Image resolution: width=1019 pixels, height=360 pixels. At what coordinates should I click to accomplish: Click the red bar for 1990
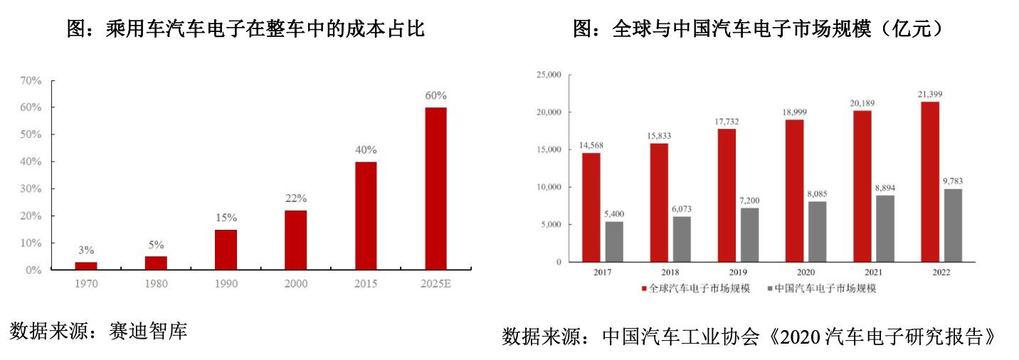(x=226, y=250)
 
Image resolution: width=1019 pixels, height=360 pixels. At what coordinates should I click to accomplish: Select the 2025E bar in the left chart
(x=435, y=189)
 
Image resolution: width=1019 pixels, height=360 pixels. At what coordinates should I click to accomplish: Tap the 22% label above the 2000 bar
(x=296, y=198)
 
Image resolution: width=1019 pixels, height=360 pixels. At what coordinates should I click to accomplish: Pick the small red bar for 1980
(x=156, y=263)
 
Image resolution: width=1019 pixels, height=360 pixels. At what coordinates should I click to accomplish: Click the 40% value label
(x=366, y=150)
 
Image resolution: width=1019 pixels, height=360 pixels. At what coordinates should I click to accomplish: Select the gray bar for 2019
(x=749, y=235)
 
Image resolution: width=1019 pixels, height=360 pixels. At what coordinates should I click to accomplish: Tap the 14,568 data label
(x=591, y=146)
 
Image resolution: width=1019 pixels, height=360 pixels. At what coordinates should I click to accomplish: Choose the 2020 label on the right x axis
(x=806, y=272)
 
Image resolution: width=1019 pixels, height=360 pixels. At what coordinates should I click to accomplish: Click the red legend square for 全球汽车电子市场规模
(x=644, y=289)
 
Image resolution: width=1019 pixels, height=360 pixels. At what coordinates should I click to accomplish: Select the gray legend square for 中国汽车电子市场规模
(x=768, y=289)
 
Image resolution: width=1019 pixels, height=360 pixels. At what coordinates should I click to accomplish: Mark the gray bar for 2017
(x=613, y=242)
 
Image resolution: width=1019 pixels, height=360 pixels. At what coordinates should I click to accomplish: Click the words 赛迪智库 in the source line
(x=149, y=330)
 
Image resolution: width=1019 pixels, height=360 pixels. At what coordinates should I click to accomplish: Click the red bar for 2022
(x=929, y=182)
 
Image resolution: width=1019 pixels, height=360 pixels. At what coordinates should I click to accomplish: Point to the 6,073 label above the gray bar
(x=682, y=209)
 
